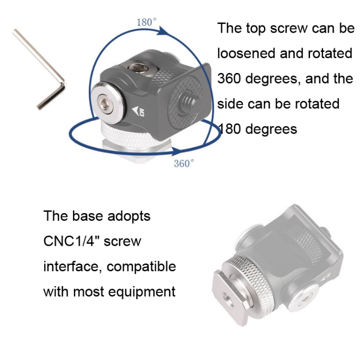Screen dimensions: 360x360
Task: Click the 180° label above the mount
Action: (146, 22)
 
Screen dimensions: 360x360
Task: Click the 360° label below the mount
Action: (184, 164)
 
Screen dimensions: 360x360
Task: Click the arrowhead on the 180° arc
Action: (164, 32)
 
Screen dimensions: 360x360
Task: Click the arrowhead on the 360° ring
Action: (177, 151)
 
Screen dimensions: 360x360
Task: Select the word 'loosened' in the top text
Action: (246, 53)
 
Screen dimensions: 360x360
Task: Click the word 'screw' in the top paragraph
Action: (288, 28)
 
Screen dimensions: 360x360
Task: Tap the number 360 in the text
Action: (229, 79)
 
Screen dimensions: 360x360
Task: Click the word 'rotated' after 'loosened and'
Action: (330, 53)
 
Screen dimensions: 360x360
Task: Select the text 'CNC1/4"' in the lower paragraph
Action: (72, 241)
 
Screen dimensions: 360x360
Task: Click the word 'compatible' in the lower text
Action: (141, 267)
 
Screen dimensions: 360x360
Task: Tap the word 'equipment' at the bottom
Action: (142, 292)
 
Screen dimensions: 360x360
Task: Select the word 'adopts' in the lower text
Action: (129, 216)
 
